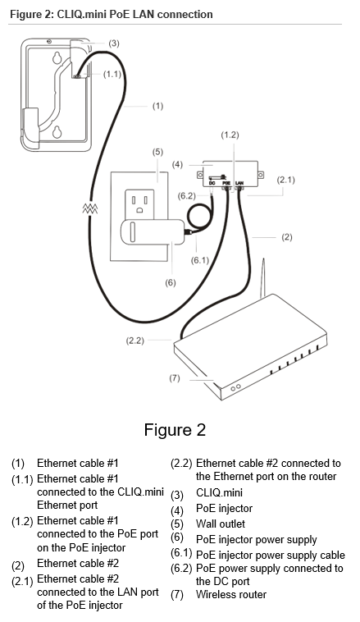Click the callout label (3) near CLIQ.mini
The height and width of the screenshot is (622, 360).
[x=114, y=43]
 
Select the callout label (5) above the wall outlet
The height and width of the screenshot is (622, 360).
[x=158, y=151]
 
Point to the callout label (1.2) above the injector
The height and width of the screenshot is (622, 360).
[x=230, y=134]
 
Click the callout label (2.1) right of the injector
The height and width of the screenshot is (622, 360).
[x=286, y=179]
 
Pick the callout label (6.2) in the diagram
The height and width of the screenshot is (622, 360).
[x=187, y=195]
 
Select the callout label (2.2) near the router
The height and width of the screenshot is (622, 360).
[x=135, y=339]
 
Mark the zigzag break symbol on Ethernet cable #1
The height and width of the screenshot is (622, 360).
[x=89, y=209]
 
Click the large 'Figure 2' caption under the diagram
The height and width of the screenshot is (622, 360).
[x=175, y=430]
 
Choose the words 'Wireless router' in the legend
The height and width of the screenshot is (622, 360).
[x=231, y=595]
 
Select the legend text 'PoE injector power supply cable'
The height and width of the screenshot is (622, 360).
[x=271, y=554]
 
